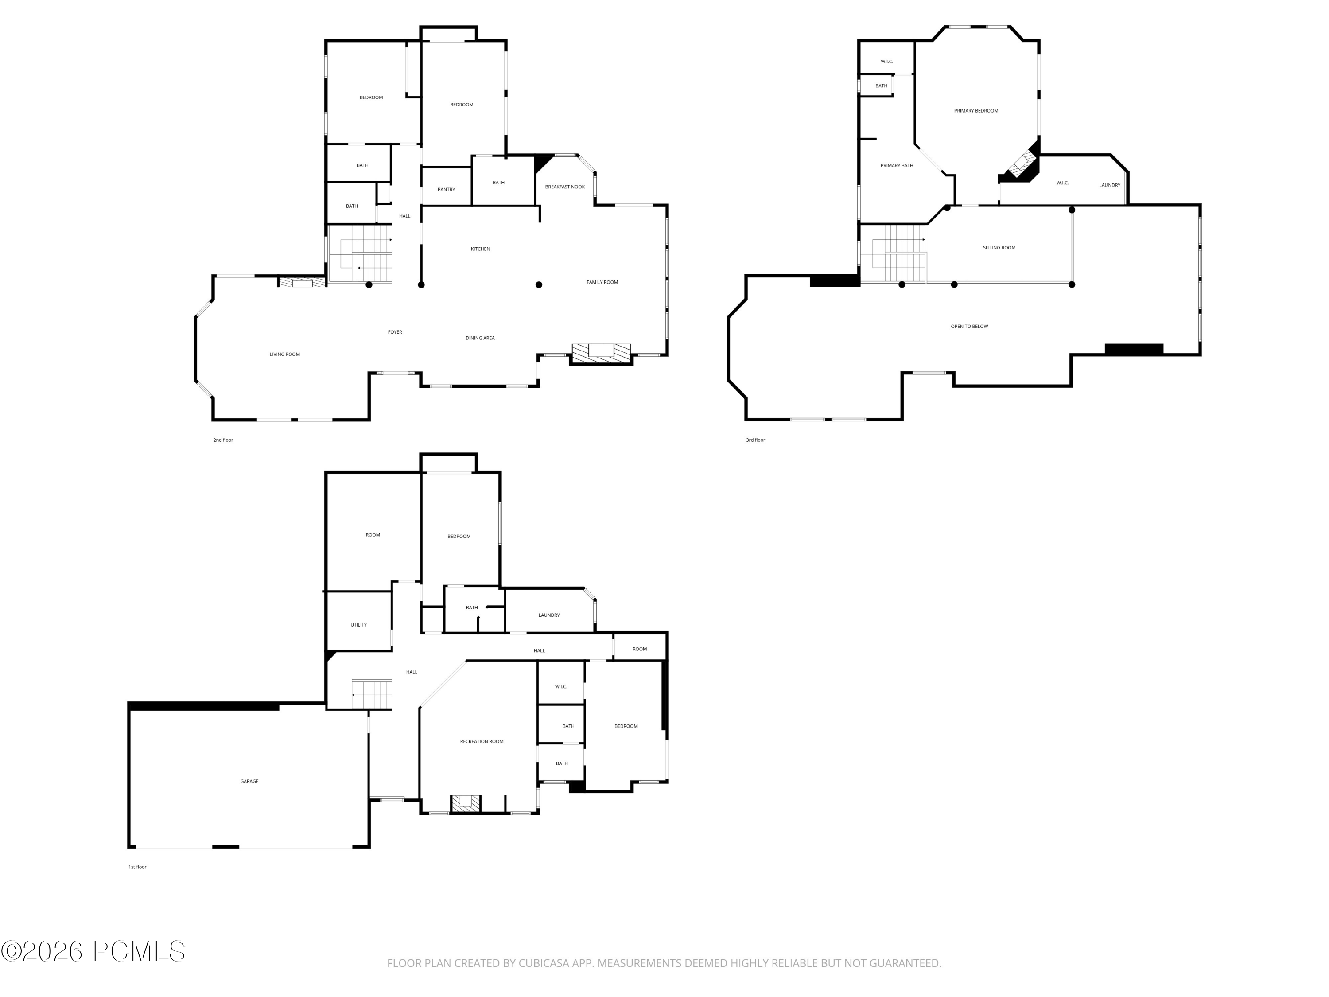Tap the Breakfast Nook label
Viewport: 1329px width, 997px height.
tap(564, 187)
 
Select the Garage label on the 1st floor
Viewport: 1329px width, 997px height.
tap(249, 781)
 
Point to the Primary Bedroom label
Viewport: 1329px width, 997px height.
tap(976, 111)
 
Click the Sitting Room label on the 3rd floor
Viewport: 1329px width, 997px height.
tap(999, 248)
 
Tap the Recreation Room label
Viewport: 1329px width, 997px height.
tap(481, 742)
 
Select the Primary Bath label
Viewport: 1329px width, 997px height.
tap(897, 166)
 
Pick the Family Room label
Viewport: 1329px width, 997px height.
tap(602, 282)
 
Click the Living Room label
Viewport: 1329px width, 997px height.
tap(284, 354)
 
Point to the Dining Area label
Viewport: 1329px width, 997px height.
tap(480, 339)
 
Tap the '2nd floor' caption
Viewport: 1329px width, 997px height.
tap(223, 440)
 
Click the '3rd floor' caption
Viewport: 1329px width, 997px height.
tap(755, 440)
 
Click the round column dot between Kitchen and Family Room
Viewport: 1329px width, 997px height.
tap(539, 285)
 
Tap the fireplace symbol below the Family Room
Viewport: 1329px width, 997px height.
tap(600, 353)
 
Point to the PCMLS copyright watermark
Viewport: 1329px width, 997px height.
tap(93, 951)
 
